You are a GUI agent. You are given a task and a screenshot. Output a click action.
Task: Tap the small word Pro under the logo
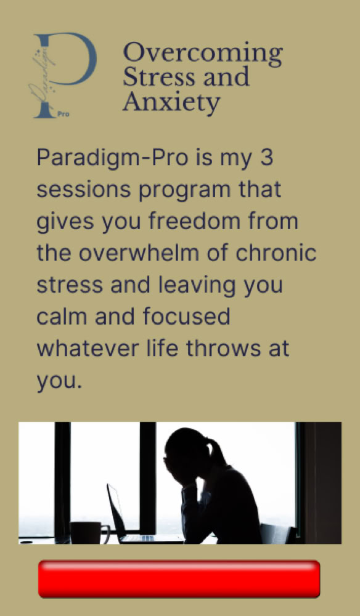click(63, 115)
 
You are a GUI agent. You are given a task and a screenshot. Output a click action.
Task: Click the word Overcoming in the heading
click(203, 54)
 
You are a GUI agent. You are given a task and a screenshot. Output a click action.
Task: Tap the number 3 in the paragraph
click(266, 158)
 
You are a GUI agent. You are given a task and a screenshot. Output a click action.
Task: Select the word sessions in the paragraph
click(84, 190)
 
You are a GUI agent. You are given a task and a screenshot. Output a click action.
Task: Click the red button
click(179, 579)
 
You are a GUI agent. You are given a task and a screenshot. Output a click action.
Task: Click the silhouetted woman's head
click(187, 454)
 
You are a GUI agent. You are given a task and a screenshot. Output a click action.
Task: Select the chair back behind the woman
click(277, 534)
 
